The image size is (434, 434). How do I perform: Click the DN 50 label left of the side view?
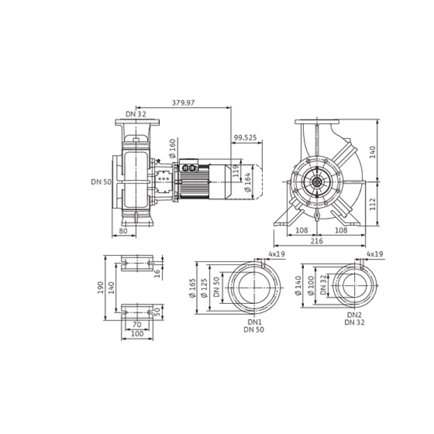point(102,182)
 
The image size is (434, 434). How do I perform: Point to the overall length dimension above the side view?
point(185,103)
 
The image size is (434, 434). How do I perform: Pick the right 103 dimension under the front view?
point(340,229)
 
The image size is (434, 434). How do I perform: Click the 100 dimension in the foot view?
point(136,334)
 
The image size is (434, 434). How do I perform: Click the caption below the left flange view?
point(253,325)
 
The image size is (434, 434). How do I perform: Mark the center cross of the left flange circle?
point(253,286)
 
